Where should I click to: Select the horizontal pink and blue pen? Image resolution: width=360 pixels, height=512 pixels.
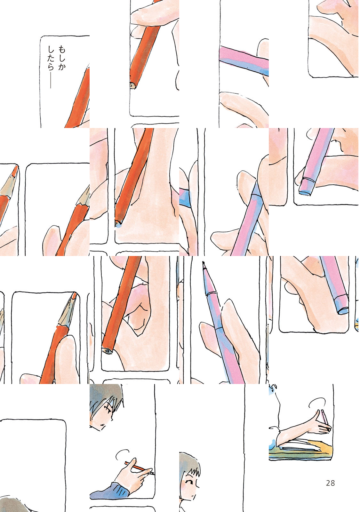(244, 60)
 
